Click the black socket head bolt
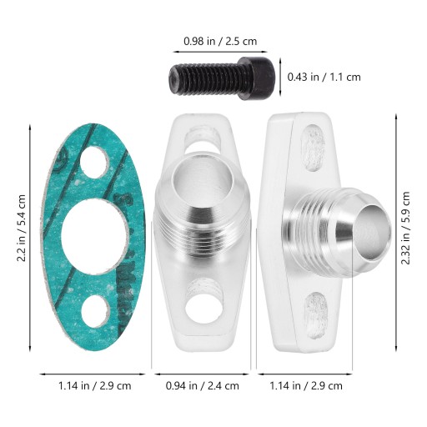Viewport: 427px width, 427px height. [x=222, y=78]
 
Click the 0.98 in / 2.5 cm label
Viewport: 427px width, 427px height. [x=220, y=42]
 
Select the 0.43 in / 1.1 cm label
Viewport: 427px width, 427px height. [x=324, y=77]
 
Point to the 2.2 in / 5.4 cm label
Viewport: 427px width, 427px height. [x=22, y=228]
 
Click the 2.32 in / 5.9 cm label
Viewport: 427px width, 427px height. [x=405, y=228]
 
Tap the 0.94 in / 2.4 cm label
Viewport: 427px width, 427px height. [x=203, y=386]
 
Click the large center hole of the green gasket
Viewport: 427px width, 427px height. [x=95, y=237]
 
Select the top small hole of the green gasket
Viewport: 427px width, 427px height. [x=95, y=162]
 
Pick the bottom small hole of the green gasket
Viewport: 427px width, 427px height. [x=96, y=311]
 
